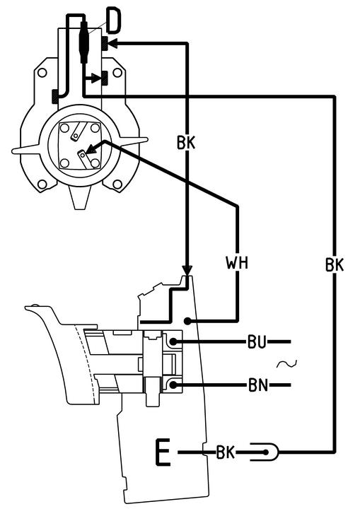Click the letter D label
click(114, 21)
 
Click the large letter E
click(163, 452)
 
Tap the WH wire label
click(237, 262)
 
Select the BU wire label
click(257, 342)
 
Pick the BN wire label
click(258, 385)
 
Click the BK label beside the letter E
click(226, 452)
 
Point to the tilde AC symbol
click(286, 364)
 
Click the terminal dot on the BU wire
click(173, 341)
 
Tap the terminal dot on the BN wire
click(173, 385)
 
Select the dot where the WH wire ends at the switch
click(187, 321)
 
